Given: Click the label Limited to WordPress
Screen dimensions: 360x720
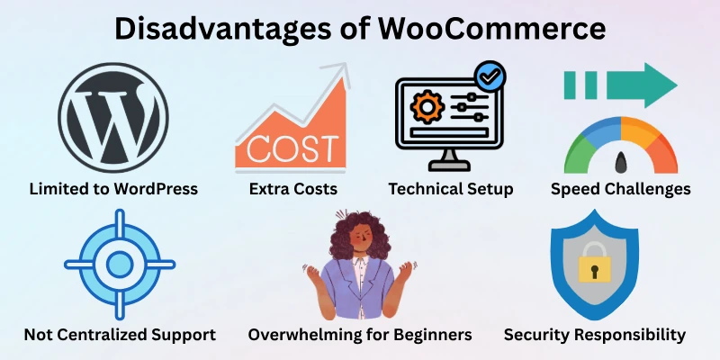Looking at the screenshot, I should coord(113,189).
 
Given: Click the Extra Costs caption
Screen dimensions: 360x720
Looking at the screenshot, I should coord(293,189).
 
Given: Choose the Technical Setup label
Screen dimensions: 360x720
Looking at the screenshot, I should coord(450,189).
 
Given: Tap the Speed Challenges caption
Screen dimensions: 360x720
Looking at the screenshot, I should coord(620,189).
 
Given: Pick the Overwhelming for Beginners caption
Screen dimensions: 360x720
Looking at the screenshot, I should coord(360,335).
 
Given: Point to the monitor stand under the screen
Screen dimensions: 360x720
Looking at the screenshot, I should coord(450,162).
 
